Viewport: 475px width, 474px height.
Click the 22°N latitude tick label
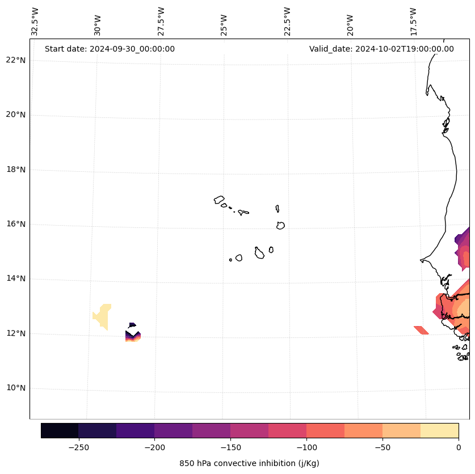[16, 60]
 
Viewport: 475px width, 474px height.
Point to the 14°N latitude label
[16, 278]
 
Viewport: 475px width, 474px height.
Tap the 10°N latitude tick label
[16, 388]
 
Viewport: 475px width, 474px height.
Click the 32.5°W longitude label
[35, 22]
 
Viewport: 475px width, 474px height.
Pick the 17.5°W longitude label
[413, 22]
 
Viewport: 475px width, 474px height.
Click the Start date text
[110, 49]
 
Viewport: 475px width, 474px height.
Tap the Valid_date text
[381, 49]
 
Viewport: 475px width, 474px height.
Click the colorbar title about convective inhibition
[249, 463]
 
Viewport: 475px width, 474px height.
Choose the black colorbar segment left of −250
[60, 430]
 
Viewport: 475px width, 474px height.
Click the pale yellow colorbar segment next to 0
[439, 430]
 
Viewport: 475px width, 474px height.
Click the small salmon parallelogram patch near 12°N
[421, 330]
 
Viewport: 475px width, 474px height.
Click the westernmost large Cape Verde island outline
[219, 200]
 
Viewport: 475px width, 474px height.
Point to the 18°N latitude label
[16, 170]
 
